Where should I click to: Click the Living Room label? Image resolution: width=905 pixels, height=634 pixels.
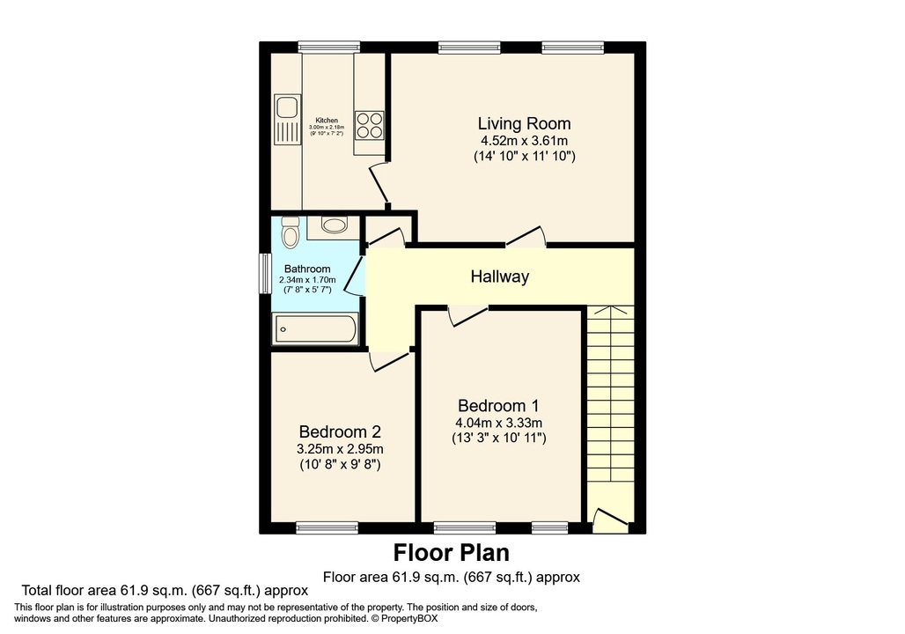click(x=524, y=123)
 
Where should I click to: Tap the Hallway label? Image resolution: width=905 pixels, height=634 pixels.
click(x=499, y=276)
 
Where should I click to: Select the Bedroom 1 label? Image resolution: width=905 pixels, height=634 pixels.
click(x=498, y=406)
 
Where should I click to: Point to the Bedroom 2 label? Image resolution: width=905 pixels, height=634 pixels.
click(x=340, y=432)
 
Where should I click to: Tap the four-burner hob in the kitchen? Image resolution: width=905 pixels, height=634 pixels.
click(x=369, y=125)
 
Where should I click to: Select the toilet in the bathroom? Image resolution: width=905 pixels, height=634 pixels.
click(x=291, y=232)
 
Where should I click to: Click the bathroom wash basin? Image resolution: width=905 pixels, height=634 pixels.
click(x=334, y=225)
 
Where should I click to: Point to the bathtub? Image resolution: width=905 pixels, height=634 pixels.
click(x=315, y=330)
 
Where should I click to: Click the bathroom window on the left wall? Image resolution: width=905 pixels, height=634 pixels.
click(x=263, y=274)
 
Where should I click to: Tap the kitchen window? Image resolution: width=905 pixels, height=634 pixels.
click(x=328, y=48)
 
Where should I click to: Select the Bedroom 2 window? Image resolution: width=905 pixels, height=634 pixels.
click(x=327, y=528)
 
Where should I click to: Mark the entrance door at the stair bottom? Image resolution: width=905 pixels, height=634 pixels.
click(x=610, y=521)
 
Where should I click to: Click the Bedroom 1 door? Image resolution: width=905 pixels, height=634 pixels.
click(x=467, y=315)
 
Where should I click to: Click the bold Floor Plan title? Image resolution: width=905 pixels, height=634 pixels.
click(x=451, y=553)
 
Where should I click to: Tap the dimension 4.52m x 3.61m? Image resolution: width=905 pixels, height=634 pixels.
click(x=524, y=141)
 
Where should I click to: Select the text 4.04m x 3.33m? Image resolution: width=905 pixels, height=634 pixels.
click(x=498, y=422)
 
